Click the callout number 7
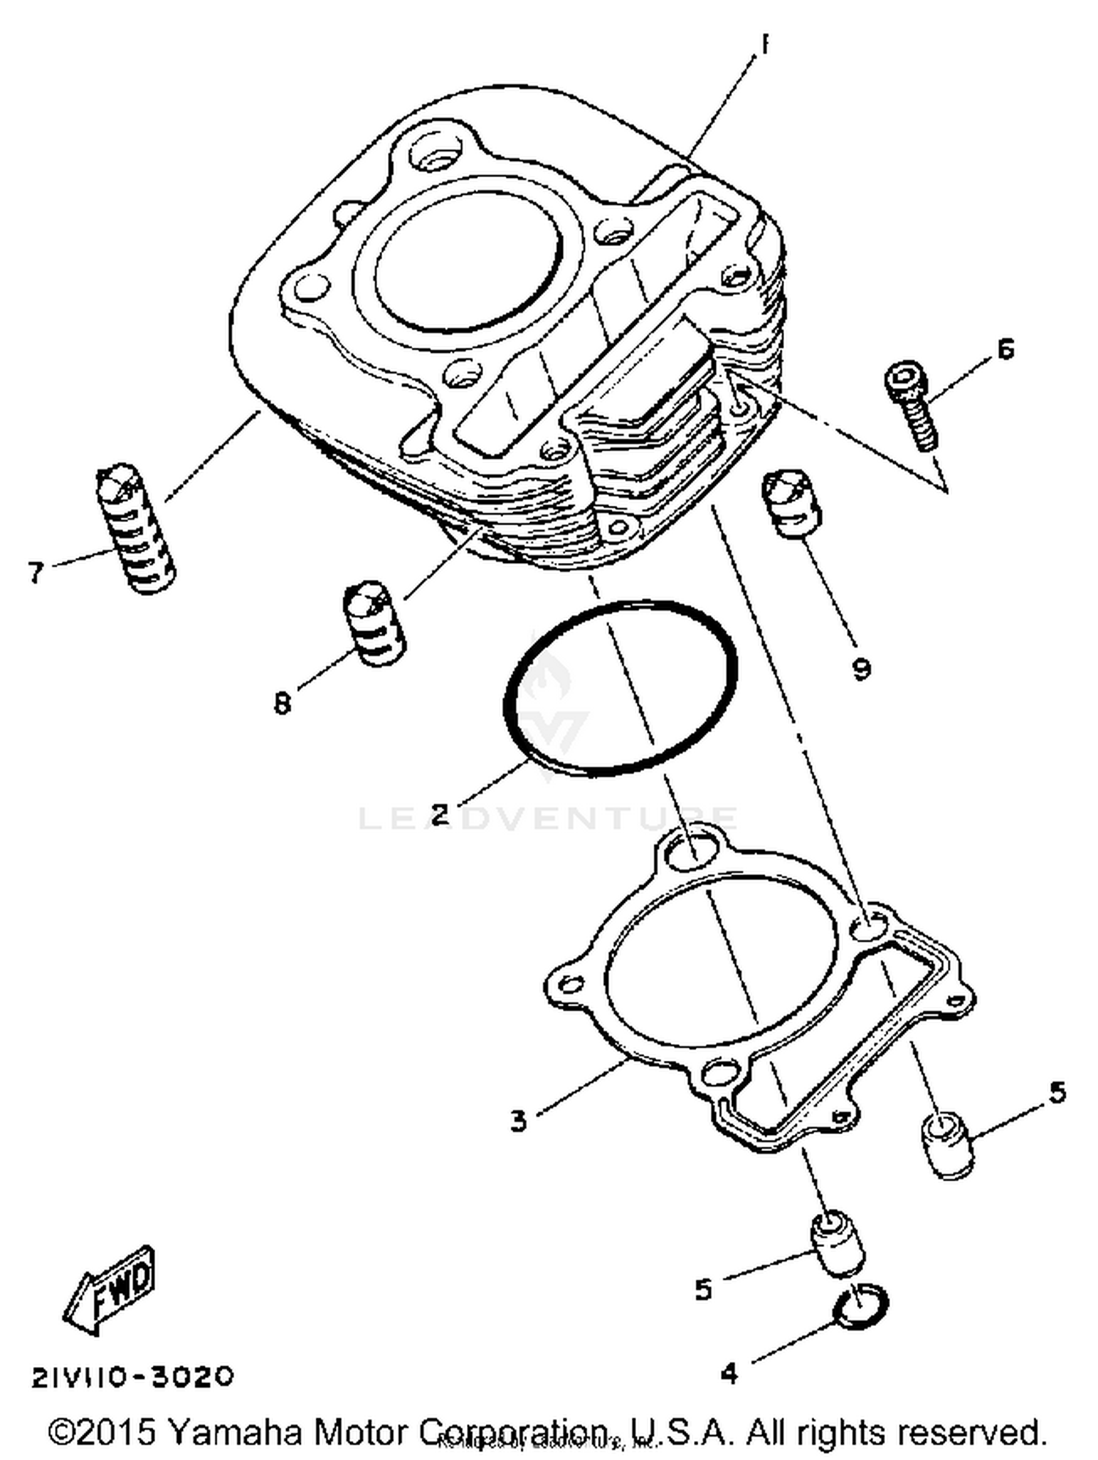pyautogui.click(x=35, y=572)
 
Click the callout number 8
pyautogui.click(x=283, y=704)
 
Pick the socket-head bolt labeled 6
pyautogui.click(x=911, y=404)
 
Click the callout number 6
pyautogui.click(x=1006, y=349)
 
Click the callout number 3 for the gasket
pyautogui.click(x=518, y=1121)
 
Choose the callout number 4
pyautogui.click(x=729, y=1374)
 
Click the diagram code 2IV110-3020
pyautogui.click(x=132, y=1377)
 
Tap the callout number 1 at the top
pyautogui.click(x=764, y=45)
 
